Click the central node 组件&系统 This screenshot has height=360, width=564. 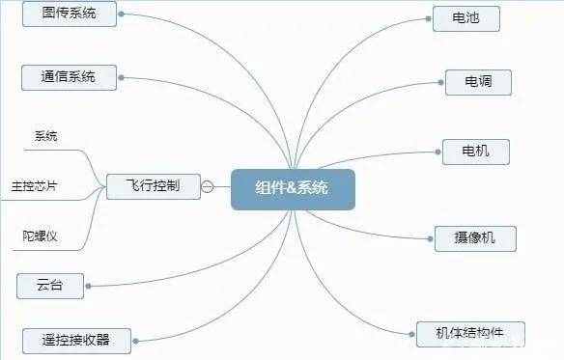(293, 189)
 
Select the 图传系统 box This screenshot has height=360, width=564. (70, 14)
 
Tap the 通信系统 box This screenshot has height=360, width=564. (70, 77)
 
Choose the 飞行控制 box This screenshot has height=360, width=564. (154, 186)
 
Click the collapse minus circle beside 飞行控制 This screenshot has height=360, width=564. (208, 186)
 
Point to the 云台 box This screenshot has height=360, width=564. (50, 286)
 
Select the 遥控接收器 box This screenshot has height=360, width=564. (76, 341)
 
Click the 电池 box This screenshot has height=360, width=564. (466, 18)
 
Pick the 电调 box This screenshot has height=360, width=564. (478, 82)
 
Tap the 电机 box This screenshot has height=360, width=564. (476, 152)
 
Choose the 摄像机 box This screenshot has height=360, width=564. (475, 238)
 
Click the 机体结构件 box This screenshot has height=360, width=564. (470, 334)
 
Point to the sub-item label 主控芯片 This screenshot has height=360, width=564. (34, 186)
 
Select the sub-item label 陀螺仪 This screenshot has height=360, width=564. (40, 235)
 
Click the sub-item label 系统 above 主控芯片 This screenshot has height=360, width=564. (46, 136)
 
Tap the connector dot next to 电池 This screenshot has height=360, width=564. (429, 18)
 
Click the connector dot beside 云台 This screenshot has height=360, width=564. (89, 286)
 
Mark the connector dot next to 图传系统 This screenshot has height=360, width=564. (122, 14)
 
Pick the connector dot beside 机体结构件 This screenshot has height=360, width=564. (411, 335)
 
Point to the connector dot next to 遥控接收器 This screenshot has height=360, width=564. (135, 341)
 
